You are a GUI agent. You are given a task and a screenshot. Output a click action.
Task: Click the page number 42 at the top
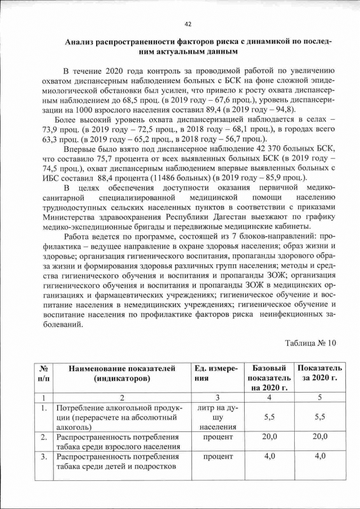[x=188, y=24]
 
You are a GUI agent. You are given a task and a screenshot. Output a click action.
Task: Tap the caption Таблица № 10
[x=310, y=343]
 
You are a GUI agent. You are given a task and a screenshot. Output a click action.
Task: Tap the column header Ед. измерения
[x=216, y=373]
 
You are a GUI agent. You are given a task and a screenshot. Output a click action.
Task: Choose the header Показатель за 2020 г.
[x=319, y=373]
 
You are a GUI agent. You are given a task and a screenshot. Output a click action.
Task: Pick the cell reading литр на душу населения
[x=217, y=417]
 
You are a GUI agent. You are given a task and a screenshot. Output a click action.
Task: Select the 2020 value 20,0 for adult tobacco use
[x=319, y=436]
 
